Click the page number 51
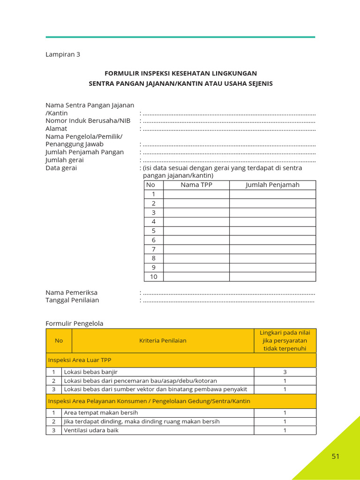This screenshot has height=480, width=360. point(335,456)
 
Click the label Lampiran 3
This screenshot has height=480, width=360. point(63,54)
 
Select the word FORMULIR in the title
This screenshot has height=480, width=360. point(120,73)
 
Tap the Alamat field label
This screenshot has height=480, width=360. point(56,128)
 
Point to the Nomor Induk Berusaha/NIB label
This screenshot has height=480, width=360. point(88,120)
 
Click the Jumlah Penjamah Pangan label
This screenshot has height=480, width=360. point(84,152)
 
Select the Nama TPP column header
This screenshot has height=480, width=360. point(196,185)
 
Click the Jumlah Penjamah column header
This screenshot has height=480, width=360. point(272,185)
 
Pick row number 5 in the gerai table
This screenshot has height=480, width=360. point(153,231)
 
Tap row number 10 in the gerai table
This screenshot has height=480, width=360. point(153,277)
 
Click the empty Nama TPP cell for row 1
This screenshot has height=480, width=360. point(196,194)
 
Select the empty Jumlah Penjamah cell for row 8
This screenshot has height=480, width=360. point(272,258)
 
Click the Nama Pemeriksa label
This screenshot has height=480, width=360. point(71,292)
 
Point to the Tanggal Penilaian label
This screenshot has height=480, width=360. point(72,300)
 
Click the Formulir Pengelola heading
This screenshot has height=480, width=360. point(74,323)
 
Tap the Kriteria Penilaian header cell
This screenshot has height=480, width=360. point(163,340)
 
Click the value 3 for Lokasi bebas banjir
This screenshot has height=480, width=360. point(285,372)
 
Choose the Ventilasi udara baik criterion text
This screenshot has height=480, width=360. point(91,430)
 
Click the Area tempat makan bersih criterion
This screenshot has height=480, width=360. point(101,412)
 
